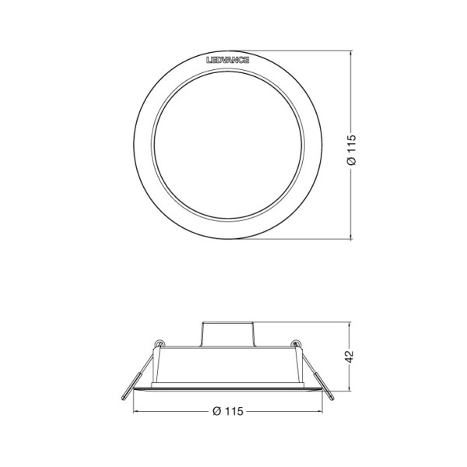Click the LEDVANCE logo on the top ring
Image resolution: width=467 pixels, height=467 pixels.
228,60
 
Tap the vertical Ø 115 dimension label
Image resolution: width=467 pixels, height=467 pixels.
352,149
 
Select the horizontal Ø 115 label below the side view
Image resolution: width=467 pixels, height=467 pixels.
228,411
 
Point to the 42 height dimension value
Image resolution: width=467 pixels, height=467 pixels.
350,356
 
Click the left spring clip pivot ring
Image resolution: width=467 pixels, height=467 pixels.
160,343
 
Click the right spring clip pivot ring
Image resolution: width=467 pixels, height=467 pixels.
296,343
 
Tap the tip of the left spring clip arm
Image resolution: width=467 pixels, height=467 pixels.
123,398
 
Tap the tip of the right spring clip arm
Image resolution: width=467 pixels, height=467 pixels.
332,398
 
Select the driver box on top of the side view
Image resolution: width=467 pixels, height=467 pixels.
228,334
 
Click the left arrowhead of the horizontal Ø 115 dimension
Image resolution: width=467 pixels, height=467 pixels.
135,411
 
